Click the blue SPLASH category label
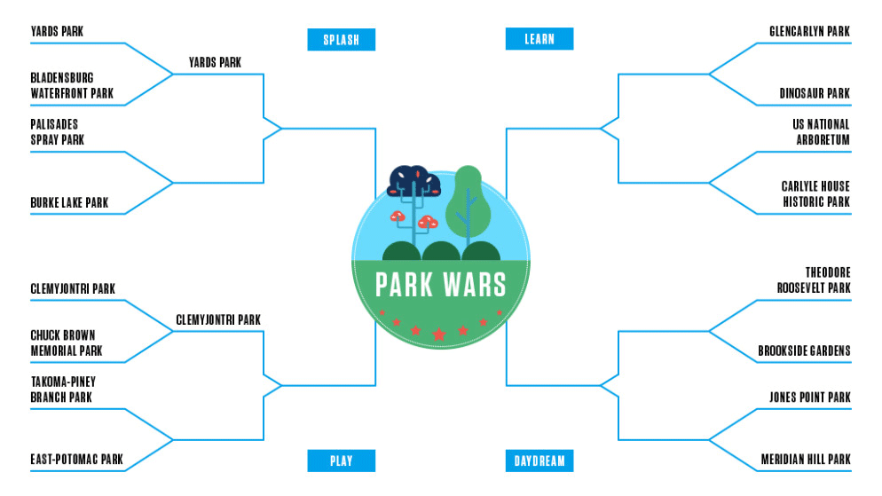[341, 39]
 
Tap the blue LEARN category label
[539, 39]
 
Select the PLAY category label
[341, 461]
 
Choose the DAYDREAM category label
[539, 461]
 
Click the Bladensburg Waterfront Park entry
[72, 85]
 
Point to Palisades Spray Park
[58, 132]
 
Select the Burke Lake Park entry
[69, 202]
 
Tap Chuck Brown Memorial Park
[67, 343]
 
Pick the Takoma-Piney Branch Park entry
[63, 390]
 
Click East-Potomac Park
[76, 460]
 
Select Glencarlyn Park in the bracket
[809, 31]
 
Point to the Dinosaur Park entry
[815, 93]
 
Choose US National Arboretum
[822, 132]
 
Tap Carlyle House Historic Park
[815, 194]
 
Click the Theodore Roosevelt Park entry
[814, 280]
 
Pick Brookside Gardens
[804, 350]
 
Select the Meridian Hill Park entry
[806, 460]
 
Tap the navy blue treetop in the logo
[414, 180]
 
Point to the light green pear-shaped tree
[468, 201]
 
